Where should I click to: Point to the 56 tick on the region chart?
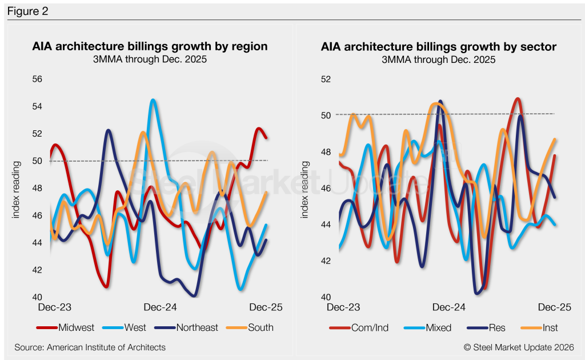coord(37,79)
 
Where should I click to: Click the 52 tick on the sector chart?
coord(326,79)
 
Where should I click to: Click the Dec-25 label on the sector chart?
coord(555,307)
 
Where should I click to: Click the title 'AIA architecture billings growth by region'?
coord(150,46)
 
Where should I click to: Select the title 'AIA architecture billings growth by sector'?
coord(439,46)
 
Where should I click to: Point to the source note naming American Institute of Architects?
coord(90,347)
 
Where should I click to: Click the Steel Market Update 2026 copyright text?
coord(518,347)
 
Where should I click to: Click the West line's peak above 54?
coord(153,101)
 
